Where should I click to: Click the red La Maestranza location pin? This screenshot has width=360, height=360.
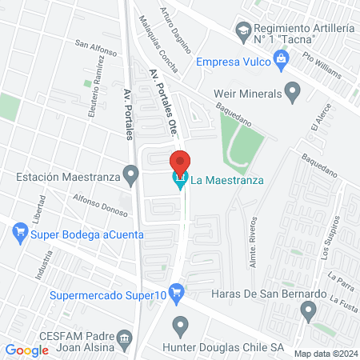181,162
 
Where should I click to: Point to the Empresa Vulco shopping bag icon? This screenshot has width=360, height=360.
280,58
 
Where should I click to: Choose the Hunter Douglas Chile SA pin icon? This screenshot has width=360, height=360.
181,326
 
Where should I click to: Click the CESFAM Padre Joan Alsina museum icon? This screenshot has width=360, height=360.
124,340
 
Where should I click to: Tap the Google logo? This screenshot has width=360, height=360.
26,350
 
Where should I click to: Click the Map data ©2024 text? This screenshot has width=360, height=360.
325,353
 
